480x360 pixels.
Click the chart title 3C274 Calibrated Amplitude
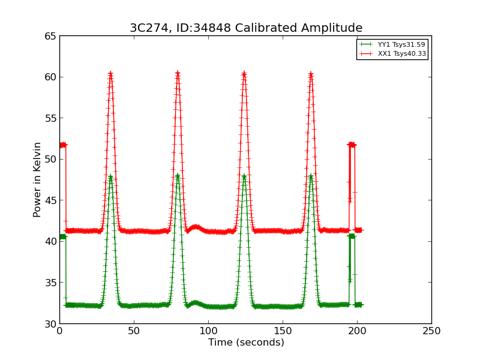pyautogui.click(x=246, y=28)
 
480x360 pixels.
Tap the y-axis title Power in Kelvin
pyautogui.click(x=37, y=179)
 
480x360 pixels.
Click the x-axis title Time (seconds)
pyautogui.click(x=246, y=343)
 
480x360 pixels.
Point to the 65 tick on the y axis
pyautogui.click(x=50, y=36)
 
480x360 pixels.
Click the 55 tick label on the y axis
pyautogui.click(x=50, y=118)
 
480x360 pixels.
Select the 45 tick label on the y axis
pyautogui.click(x=50, y=200)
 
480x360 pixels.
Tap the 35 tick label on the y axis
pyautogui.click(x=50, y=283)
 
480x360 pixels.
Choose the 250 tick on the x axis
pyautogui.click(x=431, y=331)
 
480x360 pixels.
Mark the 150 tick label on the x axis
pyautogui.click(x=283, y=331)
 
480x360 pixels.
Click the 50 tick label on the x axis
pyautogui.click(x=134, y=331)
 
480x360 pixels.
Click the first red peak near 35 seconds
pyautogui.click(x=110, y=74)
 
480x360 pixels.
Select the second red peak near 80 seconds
pyautogui.click(x=178, y=73)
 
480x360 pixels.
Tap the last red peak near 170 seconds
pyautogui.click(x=311, y=74)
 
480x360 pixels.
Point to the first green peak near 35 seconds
pyautogui.click(x=110, y=176)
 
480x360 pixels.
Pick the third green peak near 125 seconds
pyautogui.click(x=244, y=176)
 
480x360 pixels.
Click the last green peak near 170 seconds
pyautogui.click(x=311, y=176)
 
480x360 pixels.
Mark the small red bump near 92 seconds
pyautogui.click(x=195, y=226)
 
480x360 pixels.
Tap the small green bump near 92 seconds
pyautogui.click(x=194, y=302)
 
